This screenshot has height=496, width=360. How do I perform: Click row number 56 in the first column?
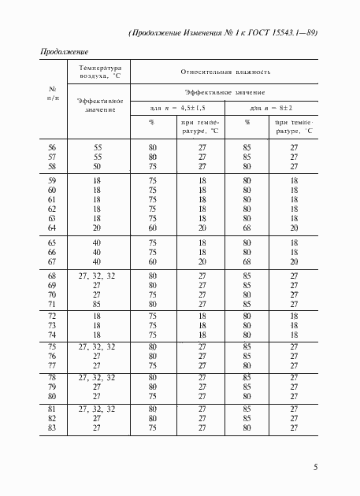point(53,146)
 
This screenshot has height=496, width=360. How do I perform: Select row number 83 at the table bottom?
point(53,428)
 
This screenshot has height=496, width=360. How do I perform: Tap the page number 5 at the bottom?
point(315,467)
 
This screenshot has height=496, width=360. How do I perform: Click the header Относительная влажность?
point(225,72)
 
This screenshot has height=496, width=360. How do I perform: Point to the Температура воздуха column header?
point(98,72)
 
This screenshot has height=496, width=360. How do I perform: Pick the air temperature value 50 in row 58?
point(98,166)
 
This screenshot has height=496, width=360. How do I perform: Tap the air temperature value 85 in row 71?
point(98,303)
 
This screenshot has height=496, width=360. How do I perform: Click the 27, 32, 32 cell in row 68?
point(98,276)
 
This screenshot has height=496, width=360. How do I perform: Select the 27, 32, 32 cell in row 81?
point(98,409)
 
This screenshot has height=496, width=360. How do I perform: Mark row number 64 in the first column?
point(53,228)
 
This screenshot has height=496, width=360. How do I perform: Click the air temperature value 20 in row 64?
point(98,228)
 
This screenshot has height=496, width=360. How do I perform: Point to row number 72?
point(53,316)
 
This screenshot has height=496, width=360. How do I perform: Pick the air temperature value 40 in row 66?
point(98,252)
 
